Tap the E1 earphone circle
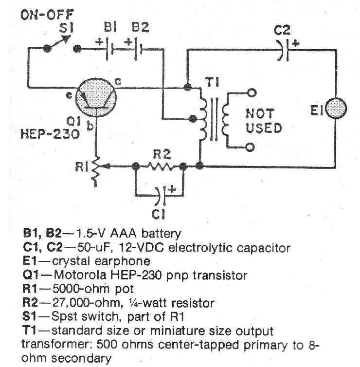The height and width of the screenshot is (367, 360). coord(335,110)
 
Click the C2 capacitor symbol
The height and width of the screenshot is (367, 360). coord(286,50)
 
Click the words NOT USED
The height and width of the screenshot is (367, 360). coord(263,121)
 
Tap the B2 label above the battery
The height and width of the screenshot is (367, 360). coord(140,28)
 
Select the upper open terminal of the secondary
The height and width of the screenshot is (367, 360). coord(251,92)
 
